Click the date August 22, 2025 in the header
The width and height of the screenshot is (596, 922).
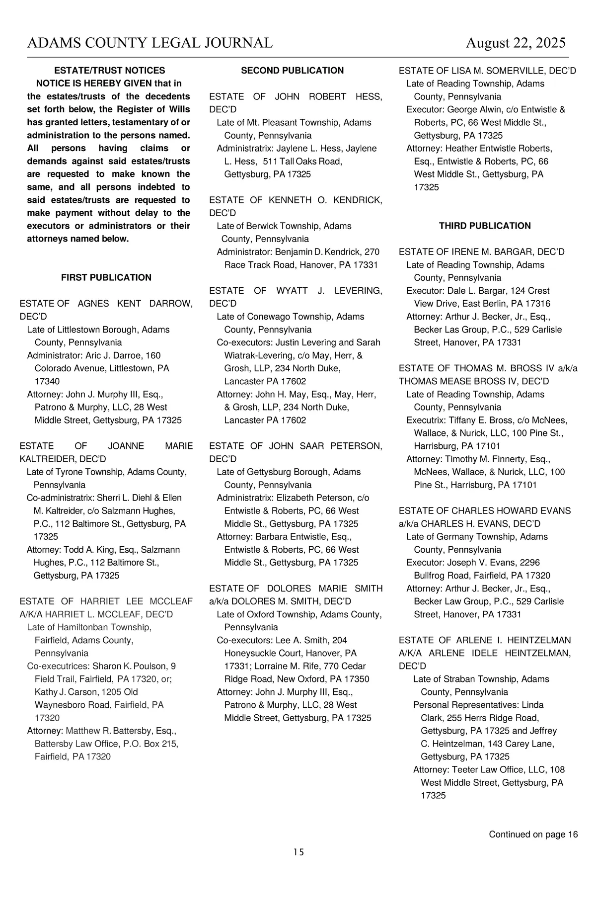(x=515, y=43)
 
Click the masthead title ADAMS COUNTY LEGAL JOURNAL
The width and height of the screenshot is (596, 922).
(x=149, y=43)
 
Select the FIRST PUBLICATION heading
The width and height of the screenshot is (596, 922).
(x=106, y=277)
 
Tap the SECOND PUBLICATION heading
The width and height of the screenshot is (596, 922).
(x=293, y=71)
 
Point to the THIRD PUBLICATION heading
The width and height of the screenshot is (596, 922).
(x=485, y=226)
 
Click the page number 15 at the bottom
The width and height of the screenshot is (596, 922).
(x=298, y=852)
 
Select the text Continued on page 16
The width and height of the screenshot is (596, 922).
(x=533, y=834)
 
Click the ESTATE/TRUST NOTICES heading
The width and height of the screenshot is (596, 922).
(x=109, y=71)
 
